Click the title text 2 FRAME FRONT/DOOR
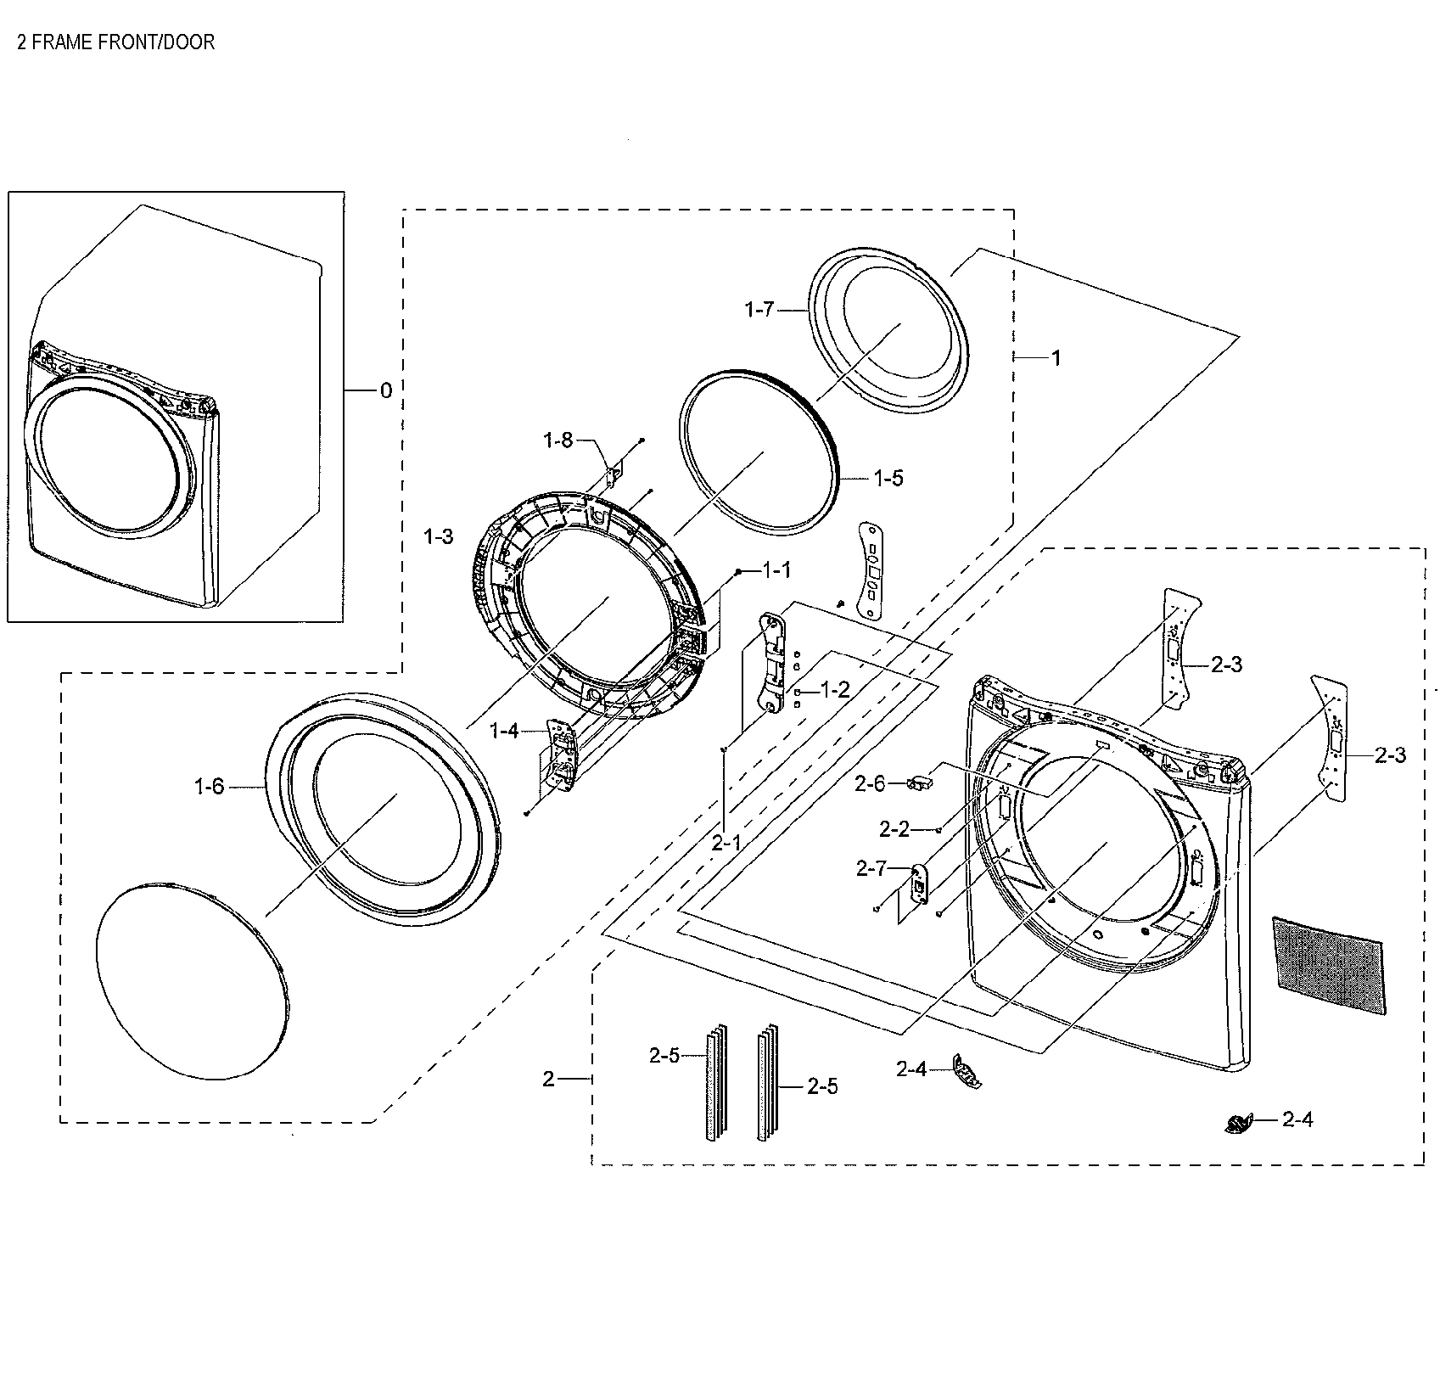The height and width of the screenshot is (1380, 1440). point(116,42)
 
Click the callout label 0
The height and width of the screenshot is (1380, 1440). point(385,390)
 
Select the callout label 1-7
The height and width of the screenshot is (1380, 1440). point(759,310)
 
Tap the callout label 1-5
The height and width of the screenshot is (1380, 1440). point(888,479)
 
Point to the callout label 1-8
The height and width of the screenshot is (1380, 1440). point(558,440)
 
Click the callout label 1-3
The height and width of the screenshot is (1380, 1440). point(438,536)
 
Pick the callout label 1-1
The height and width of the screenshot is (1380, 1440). point(776,571)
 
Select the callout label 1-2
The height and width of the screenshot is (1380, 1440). point(835,690)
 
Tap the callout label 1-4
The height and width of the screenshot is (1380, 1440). point(504,730)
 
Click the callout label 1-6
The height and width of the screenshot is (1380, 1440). point(210,787)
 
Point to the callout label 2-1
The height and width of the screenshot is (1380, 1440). point(726,842)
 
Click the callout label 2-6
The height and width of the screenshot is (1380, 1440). point(870,783)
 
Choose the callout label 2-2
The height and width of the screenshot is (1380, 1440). point(894,829)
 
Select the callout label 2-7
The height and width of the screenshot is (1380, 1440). point(871,868)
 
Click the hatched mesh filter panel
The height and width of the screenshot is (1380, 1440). point(1328,965)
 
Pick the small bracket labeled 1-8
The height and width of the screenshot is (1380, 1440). point(614,470)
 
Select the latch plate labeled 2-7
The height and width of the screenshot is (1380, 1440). point(918,885)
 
